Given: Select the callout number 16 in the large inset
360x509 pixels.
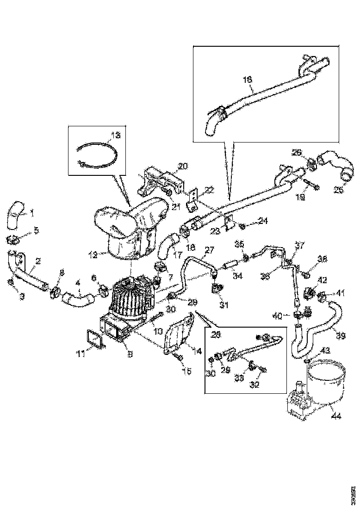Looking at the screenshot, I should pyautogui.click(x=248, y=80).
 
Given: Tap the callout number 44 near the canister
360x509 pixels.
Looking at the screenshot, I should pyautogui.click(x=336, y=416).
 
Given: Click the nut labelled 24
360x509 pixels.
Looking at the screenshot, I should pyautogui.click(x=242, y=226).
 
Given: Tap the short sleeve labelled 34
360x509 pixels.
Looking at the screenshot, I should pyautogui.click(x=230, y=266).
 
